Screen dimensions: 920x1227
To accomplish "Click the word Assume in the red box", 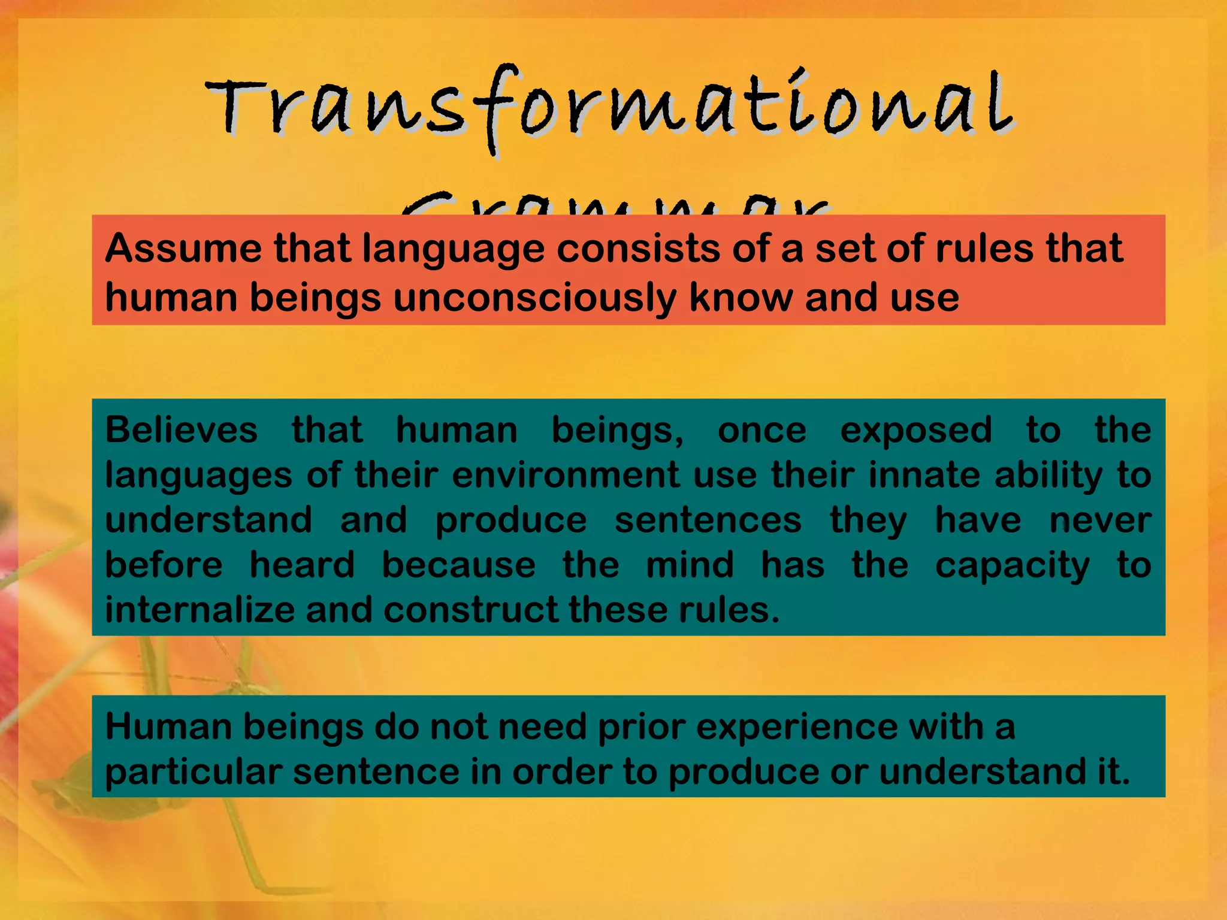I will click(x=183, y=248).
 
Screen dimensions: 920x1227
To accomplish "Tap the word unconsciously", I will click(x=534, y=298).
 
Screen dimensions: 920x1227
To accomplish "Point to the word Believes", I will click(x=182, y=430).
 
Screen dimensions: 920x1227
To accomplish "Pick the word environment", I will click(x=566, y=475).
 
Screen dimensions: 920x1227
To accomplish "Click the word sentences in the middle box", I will click(x=708, y=520).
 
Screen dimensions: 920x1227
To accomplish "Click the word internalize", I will click(x=200, y=610).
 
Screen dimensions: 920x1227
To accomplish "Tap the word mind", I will click(x=690, y=565).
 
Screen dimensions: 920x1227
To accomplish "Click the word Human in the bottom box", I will click(x=168, y=727).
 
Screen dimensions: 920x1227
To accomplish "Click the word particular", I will click(x=194, y=771).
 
